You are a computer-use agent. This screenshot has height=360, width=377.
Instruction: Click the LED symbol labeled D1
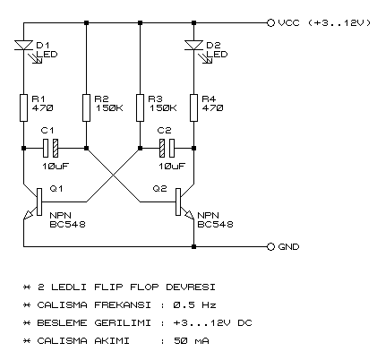point(21,45)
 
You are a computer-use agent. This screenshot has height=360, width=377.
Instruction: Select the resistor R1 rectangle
point(21,107)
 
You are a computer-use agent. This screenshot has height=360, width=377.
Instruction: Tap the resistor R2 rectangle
point(85,107)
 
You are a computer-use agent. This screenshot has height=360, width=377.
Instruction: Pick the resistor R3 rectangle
point(141,107)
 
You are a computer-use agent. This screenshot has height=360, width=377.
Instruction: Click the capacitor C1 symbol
point(53,148)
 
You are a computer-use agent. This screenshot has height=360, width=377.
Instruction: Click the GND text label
point(289,246)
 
